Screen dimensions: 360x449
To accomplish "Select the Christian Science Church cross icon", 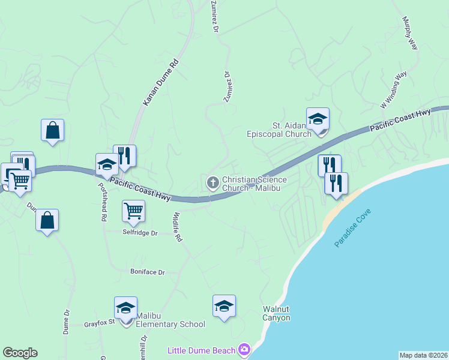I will (212, 182).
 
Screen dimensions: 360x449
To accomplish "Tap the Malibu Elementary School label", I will (170, 320).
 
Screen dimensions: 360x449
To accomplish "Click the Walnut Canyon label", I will (276, 313).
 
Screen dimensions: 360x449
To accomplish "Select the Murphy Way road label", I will (409, 34).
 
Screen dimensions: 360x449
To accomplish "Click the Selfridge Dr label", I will (139, 232).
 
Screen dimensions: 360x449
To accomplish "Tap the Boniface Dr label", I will (147, 272).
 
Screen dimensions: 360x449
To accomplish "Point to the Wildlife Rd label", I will (177, 227).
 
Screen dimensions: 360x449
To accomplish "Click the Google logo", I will (20, 353).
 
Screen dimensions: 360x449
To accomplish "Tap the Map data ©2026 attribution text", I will (423, 355).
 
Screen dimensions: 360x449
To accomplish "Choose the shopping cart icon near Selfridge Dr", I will (133, 211).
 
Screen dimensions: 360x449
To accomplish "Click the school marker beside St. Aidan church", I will (318, 119).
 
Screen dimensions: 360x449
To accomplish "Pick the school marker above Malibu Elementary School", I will (125, 308).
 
